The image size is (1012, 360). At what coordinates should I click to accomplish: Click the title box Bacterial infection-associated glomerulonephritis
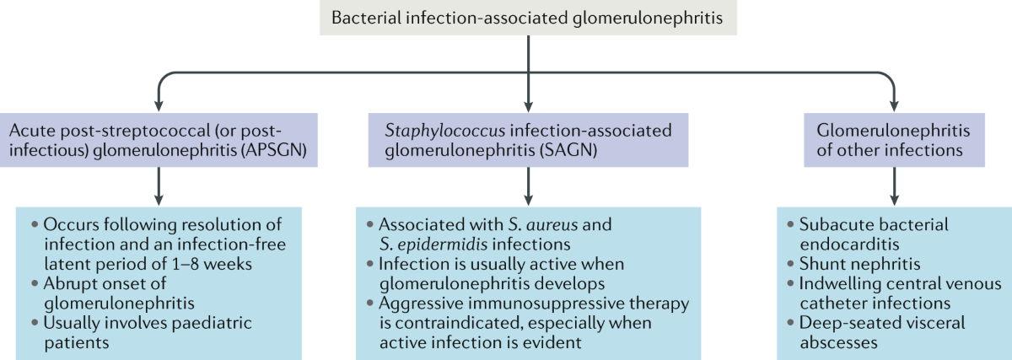pos(528,18)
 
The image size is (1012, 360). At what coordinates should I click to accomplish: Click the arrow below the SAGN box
pos(528,185)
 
